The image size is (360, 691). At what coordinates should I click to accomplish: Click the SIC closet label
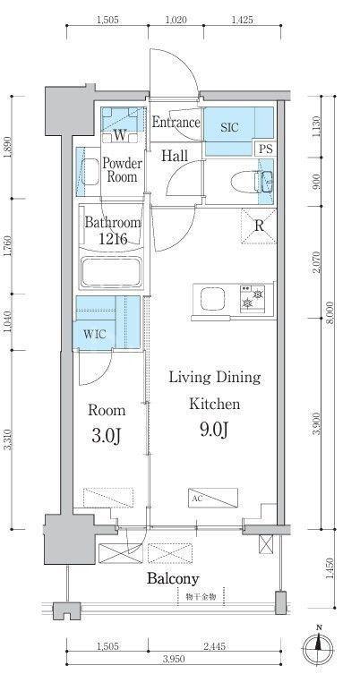point(230,127)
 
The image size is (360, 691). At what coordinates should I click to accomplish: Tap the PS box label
point(266,149)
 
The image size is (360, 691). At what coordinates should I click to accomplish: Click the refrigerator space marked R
point(259,226)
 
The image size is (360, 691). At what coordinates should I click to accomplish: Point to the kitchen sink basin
point(212,299)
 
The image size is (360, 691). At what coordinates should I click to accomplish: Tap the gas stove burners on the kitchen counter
point(253,299)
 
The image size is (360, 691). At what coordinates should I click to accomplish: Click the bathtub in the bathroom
point(111,273)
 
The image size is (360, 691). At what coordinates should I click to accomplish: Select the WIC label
point(94,334)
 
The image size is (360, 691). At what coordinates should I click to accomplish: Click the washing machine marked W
point(120,135)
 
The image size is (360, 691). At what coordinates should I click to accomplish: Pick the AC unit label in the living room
point(197,499)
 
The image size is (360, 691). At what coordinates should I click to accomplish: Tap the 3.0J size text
point(107,436)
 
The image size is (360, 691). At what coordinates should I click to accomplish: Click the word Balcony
point(173,578)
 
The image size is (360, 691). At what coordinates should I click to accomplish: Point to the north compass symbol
point(317,648)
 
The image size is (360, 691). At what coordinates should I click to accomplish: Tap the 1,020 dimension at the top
point(176,20)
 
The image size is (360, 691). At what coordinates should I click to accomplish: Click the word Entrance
point(176,122)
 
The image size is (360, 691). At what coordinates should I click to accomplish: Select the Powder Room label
point(122,170)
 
